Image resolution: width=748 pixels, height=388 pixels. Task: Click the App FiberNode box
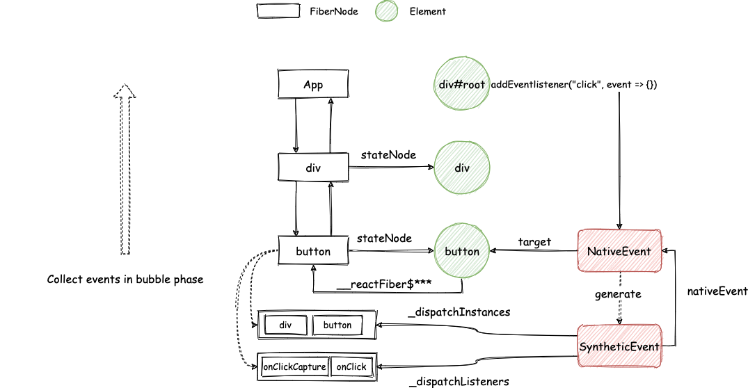[x=313, y=84]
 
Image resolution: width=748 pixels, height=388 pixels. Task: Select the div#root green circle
[x=462, y=84]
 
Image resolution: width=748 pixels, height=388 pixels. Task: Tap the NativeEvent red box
[x=619, y=251]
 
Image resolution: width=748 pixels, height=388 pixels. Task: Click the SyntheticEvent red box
[x=619, y=346]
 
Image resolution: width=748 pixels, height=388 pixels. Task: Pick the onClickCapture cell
[x=295, y=366]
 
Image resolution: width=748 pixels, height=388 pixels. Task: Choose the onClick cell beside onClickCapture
[x=351, y=366]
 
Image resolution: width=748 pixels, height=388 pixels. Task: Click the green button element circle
[x=462, y=251]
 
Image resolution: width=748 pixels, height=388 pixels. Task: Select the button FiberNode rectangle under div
[x=313, y=251]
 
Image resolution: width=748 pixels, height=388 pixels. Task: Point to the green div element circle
[x=462, y=168]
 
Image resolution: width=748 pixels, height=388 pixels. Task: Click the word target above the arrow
[x=534, y=242]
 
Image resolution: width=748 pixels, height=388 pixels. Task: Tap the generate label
[x=618, y=294]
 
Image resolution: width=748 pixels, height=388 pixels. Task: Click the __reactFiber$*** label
[x=384, y=284]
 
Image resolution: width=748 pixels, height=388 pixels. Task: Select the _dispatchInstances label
[x=459, y=312]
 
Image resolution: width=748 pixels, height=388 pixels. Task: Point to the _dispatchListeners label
[x=459, y=381]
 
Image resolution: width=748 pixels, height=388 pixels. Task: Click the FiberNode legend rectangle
[x=278, y=11]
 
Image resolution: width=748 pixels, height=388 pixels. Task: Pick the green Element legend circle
[x=386, y=11]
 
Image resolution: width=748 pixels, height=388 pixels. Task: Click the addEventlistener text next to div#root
[x=574, y=84]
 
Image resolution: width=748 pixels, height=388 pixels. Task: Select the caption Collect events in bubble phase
[x=125, y=280]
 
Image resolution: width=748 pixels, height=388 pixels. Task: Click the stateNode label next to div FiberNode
[x=388, y=155]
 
